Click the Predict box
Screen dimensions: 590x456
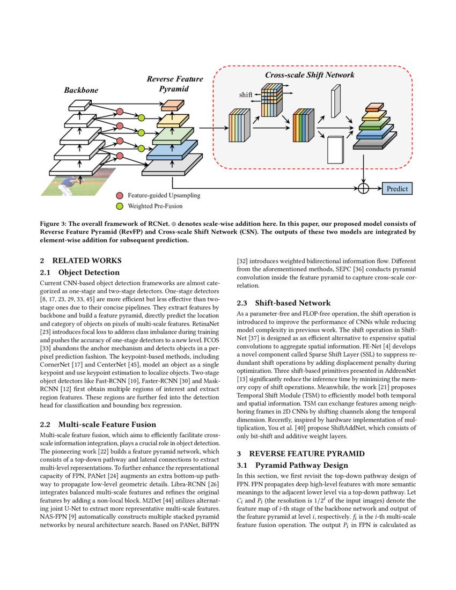pos(398,188)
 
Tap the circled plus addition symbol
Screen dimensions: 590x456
pos(364,188)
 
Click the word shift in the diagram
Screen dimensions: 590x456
pos(245,95)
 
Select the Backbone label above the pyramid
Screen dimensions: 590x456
pos(81,90)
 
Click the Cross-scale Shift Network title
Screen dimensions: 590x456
pos(310,75)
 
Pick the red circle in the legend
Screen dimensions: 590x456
pos(120,196)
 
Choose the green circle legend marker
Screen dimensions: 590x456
pos(120,206)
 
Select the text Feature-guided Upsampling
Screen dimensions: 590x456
pos(164,196)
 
